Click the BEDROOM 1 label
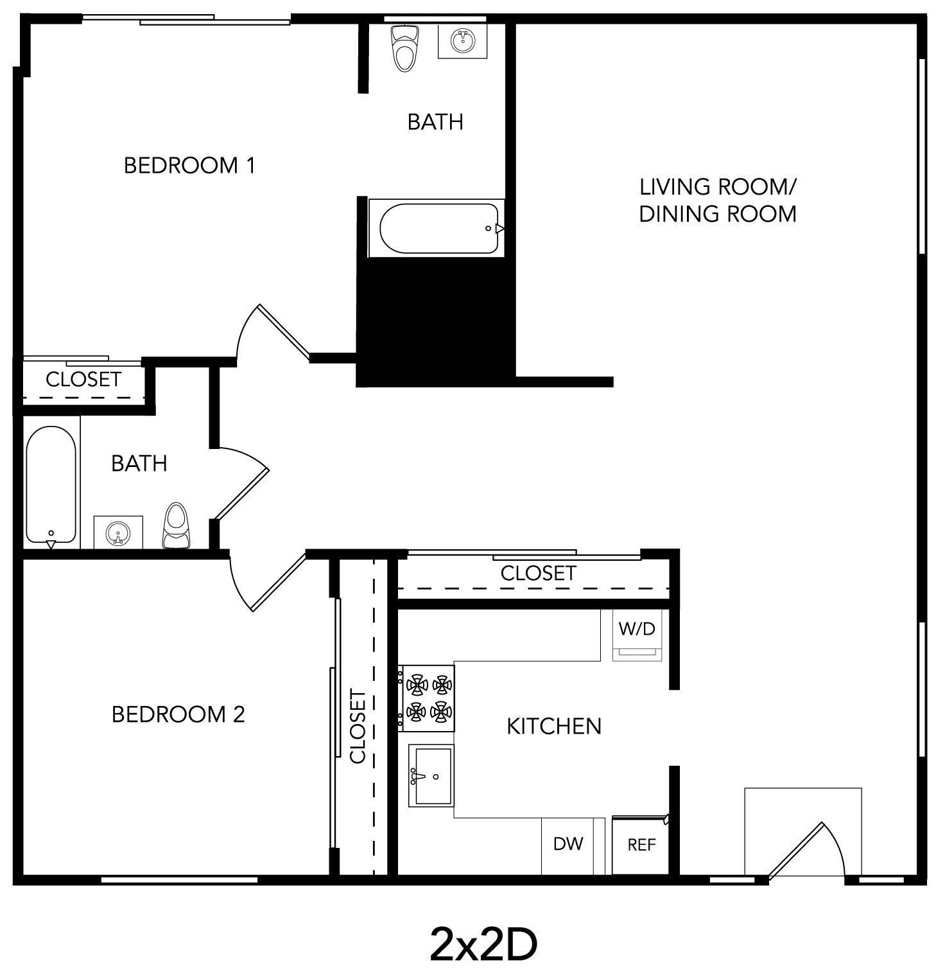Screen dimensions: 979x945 (189, 166)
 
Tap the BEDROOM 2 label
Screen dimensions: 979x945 (178, 714)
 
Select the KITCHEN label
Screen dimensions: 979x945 (554, 727)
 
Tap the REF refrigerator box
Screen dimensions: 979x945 (641, 845)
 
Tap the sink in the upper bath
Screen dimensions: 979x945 (462, 42)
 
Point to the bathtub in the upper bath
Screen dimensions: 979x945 (438, 229)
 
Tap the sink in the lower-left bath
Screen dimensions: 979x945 (118, 533)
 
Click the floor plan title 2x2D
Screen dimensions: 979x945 (483, 944)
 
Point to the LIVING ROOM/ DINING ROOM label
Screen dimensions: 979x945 (718, 200)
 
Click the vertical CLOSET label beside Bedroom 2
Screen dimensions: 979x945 (358, 727)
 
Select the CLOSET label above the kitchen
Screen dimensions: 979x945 (538, 573)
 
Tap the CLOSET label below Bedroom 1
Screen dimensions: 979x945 (83, 380)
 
